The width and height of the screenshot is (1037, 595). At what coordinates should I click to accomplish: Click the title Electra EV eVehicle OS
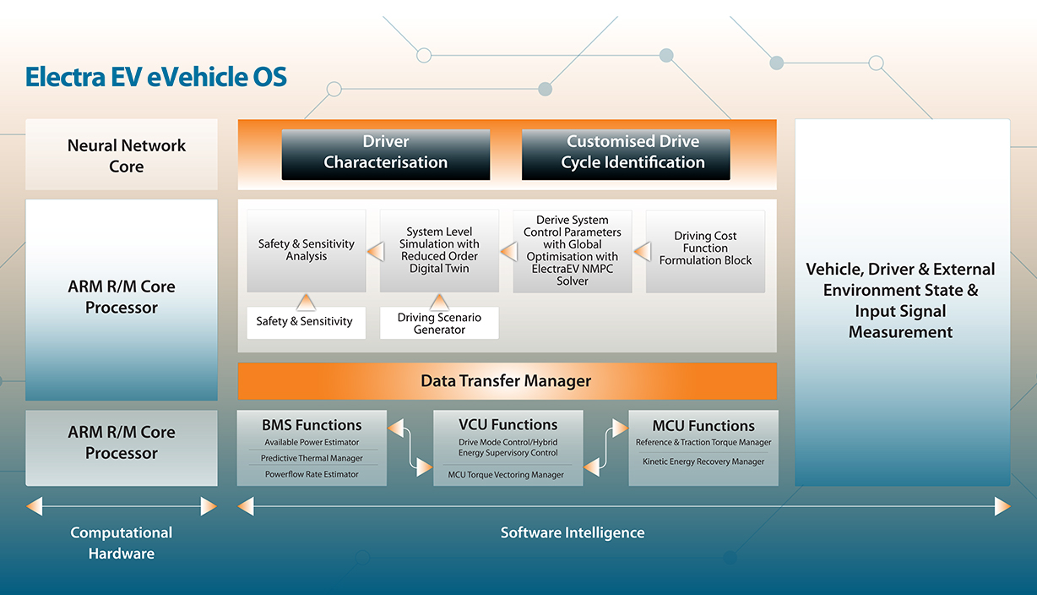(x=156, y=78)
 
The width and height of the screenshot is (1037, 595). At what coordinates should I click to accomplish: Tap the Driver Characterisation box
(x=386, y=153)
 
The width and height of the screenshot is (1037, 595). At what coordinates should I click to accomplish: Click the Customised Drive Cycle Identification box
(x=626, y=153)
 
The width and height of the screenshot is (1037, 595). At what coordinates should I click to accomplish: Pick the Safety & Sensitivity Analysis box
(x=307, y=250)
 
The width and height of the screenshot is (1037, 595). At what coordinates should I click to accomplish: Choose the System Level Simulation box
(x=439, y=250)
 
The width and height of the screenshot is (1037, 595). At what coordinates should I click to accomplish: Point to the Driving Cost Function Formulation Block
(x=705, y=248)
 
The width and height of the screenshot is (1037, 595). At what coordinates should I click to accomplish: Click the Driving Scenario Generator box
(x=439, y=324)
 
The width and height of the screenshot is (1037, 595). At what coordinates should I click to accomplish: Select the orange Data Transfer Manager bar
(x=507, y=381)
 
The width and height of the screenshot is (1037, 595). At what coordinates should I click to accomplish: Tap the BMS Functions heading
(x=312, y=425)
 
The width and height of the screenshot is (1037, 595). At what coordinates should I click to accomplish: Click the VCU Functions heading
(x=508, y=424)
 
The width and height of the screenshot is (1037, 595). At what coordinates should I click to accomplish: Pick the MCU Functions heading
(x=703, y=425)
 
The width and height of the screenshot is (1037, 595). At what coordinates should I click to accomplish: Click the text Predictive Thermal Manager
(x=312, y=458)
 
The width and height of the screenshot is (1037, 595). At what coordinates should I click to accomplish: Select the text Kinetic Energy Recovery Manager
(x=703, y=461)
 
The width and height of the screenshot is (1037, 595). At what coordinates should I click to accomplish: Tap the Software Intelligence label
(x=573, y=532)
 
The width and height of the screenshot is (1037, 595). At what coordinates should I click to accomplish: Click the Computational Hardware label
(x=122, y=543)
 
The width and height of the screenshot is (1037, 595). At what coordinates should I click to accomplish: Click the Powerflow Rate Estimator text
(x=312, y=474)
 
